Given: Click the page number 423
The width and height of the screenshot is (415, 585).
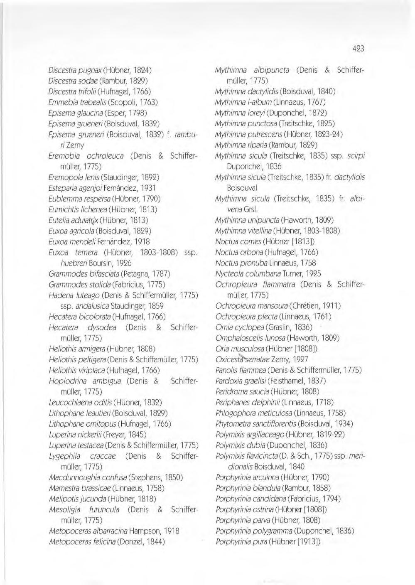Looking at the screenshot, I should pyautogui.click(x=358, y=48).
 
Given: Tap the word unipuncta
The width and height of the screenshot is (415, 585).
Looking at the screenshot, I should pyautogui.click(x=263, y=220).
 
